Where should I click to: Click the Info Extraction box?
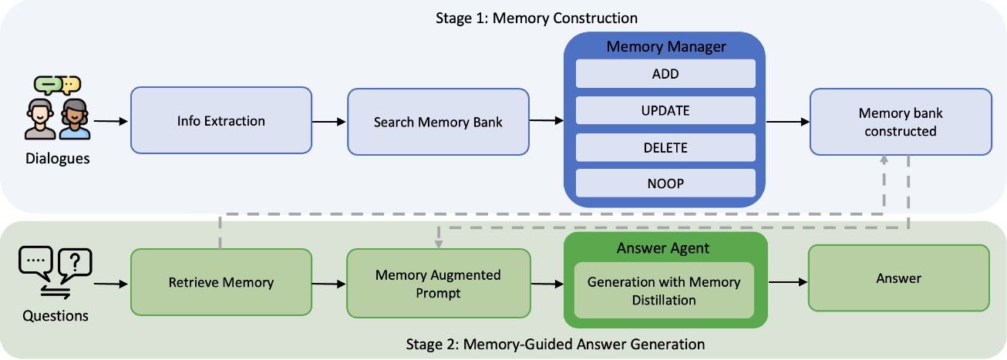tap(221, 121)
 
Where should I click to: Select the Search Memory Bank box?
tap(438, 122)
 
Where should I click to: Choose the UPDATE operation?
tap(665, 110)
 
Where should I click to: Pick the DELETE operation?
tap(665, 147)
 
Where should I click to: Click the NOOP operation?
tap(665, 183)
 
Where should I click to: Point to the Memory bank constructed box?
tap(900, 122)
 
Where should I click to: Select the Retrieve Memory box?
tap(221, 282)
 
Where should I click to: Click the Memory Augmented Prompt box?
tap(438, 283)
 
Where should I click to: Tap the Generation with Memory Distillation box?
tap(664, 291)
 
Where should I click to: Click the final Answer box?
tap(898, 278)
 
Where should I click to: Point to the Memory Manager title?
tap(665, 46)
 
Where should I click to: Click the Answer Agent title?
tap(665, 248)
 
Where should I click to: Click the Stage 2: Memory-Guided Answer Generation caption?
tap(555, 344)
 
